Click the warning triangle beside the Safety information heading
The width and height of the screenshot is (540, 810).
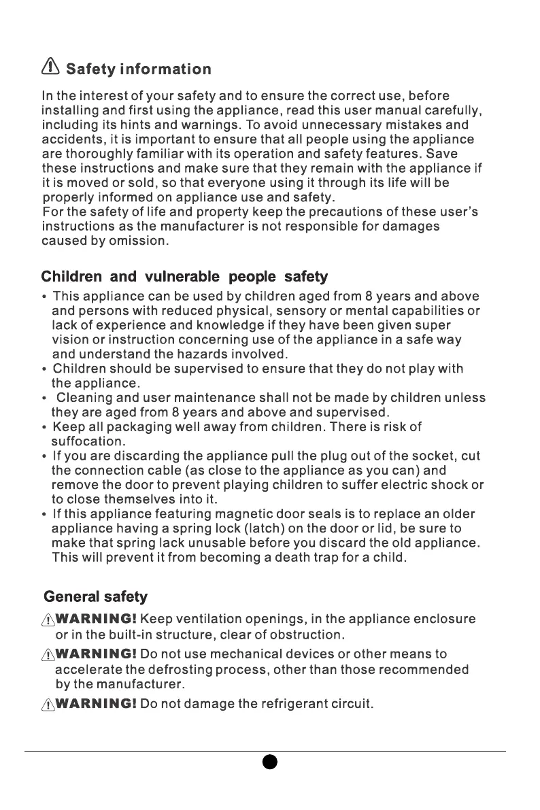click(50, 67)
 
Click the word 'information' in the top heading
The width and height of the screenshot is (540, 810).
click(165, 69)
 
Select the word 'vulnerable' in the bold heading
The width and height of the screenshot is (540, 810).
click(182, 277)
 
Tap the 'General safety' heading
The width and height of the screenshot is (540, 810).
click(95, 597)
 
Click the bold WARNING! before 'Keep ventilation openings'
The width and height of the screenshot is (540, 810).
click(97, 620)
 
